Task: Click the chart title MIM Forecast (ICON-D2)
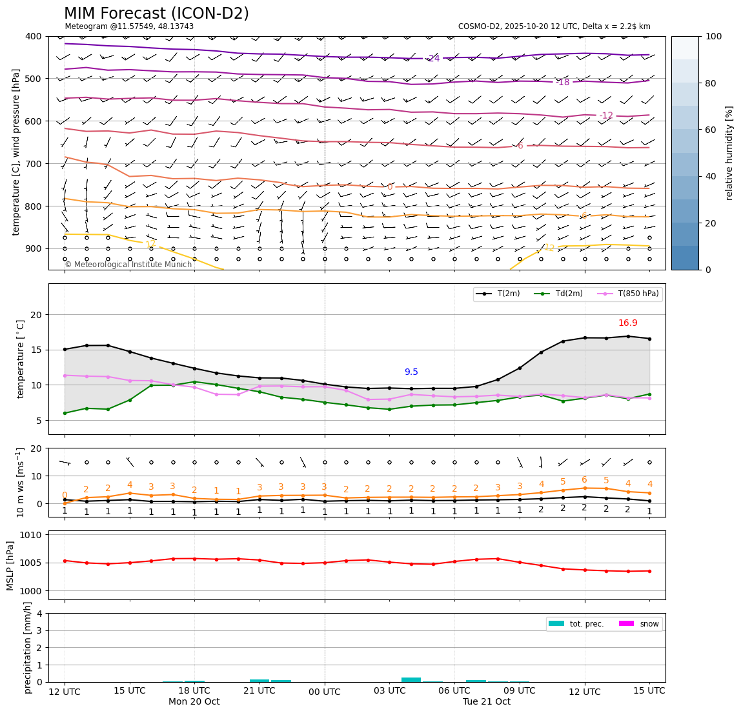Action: [156, 14]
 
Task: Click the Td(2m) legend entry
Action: [567, 294]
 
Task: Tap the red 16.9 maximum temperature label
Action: [627, 323]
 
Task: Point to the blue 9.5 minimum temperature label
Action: [411, 372]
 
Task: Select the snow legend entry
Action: [649, 623]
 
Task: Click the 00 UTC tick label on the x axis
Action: [325, 691]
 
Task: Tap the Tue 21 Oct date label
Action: [486, 702]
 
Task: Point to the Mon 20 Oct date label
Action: [194, 702]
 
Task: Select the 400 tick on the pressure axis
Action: [33, 37]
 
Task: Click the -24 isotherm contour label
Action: [433, 59]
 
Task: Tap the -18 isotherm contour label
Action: [563, 83]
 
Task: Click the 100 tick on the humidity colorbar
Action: [714, 37]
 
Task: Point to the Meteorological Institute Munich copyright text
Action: [128, 265]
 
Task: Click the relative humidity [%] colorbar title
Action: [729, 153]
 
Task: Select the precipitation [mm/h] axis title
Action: [28, 647]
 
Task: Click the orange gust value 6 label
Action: [584, 480]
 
